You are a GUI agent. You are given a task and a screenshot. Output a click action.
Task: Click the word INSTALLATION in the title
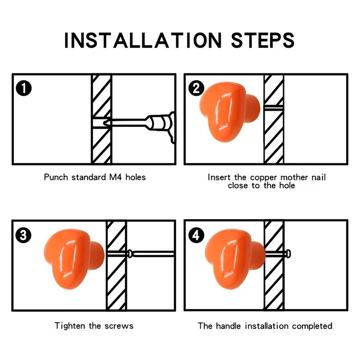click(x=143, y=40)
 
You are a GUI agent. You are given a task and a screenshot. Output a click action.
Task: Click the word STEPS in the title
click(x=263, y=40)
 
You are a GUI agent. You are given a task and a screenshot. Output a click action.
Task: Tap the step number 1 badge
click(x=24, y=88)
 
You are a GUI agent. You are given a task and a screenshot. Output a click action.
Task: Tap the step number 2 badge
click(x=196, y=88)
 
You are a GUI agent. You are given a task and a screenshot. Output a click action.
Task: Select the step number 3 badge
click(x=23, y=235)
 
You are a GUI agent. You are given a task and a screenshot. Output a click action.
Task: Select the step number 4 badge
click(x=196, y=235)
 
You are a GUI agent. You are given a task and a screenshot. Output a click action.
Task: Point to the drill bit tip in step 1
click(x=104, y=123)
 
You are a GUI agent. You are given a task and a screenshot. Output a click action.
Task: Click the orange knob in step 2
click(x=229, y=112)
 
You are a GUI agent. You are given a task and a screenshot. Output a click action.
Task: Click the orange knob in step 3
click(x=74, y=259)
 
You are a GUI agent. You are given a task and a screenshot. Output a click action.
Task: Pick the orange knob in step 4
click(x=235, y=259)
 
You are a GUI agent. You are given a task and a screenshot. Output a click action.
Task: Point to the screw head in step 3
click(x=130, y=254)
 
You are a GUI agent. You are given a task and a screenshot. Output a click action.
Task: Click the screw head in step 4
click(x=288, y=254)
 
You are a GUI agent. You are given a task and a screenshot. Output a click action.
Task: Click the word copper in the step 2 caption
click(x=263, y=178)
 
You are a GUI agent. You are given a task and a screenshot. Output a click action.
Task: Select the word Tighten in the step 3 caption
click(x=70, y=326)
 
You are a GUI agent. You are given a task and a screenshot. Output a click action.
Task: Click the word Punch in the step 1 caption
click(x=56, y=177)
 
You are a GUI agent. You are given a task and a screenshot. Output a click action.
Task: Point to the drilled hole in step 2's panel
click(x=274, y=107)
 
